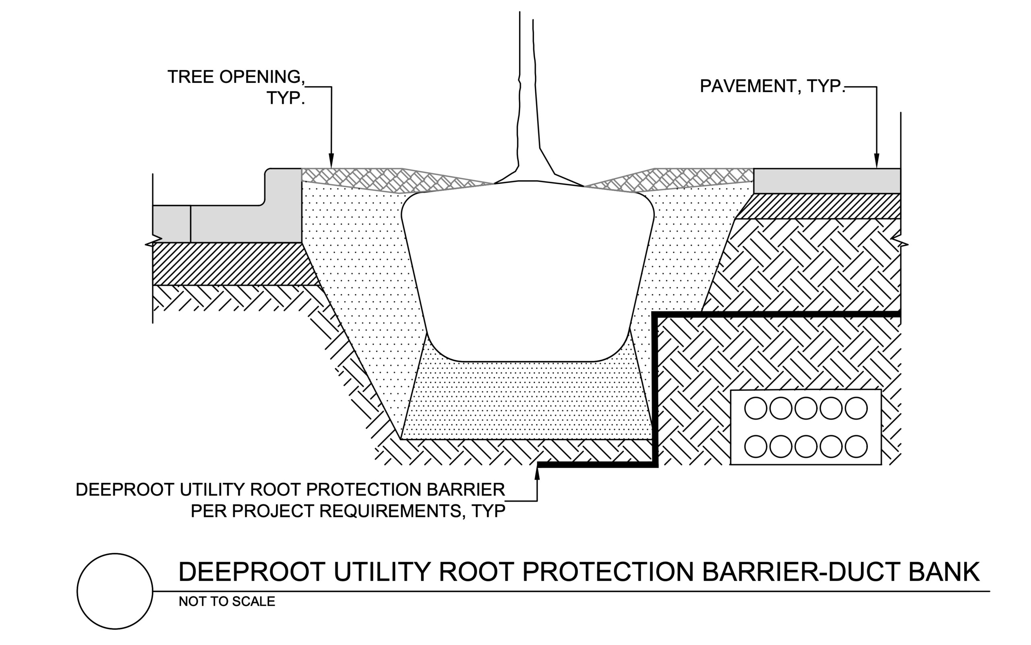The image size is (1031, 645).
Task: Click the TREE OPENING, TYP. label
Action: pyautogui.click(x=236, y=87)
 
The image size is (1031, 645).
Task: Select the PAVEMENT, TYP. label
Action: pyautogui.click(x=772, y=86)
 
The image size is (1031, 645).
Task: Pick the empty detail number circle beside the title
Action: pyautogui.click(x=115, y=591)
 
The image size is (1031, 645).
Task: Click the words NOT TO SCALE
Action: pyautogui.click(x=227, y=602)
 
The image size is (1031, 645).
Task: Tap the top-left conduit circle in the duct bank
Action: pyautogui.click(x=756, y=408)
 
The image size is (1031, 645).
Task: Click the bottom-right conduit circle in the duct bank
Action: pyautogui.click(x=855, y=446)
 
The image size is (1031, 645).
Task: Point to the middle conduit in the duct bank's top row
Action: pyautogui.click(x=805, y=408)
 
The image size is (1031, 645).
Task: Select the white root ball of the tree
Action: pyautogui.click(x=528, y=273)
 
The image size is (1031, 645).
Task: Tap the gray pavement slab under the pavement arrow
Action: pyautogui.click(x=826, y=181)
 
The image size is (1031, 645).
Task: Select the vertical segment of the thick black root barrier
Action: pyautogui.click(x=655, y=388)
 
